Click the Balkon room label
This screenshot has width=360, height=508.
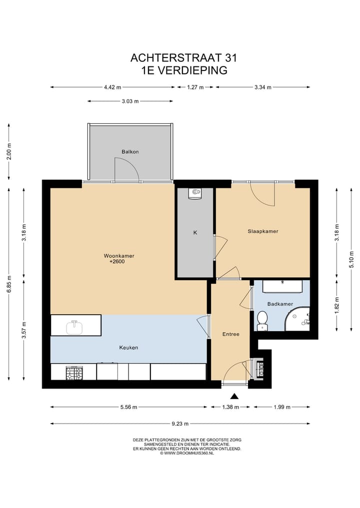[x=130, y=152]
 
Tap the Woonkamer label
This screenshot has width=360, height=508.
[x=119, y=256]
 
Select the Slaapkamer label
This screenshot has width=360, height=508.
[x=263, y=231]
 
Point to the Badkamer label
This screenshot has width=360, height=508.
[x=280, y=304]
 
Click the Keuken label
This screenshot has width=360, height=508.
[x=129, y=348]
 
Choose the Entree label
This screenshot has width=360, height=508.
[x=231, y=334]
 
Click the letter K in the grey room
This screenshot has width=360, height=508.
[x=195, y=233]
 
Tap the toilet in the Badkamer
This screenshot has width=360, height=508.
[x=262, y=321]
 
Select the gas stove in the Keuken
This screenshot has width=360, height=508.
[x=74, y=373]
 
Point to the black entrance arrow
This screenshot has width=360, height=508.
[x=234, y=396]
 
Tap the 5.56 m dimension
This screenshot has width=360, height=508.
[x=129, y=407]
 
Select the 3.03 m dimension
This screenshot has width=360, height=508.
[x=130, y=101]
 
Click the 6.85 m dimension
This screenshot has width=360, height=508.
[x=9, y=284]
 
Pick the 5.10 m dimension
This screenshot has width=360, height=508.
[x=351, y=260]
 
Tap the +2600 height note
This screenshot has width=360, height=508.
[x=117, y=261]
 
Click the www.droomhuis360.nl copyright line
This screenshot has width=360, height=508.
[x=187, y=453]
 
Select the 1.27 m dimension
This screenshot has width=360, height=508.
[x=195, y=87]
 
